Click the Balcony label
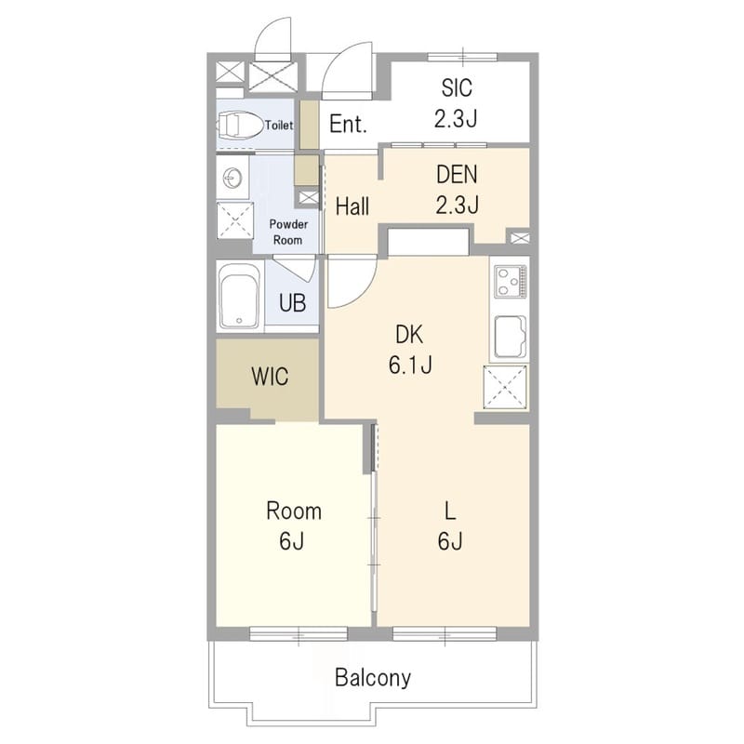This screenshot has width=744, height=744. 373,678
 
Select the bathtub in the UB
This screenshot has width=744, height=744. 239,297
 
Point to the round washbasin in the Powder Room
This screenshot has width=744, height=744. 232,179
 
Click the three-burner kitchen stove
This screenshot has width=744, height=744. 511,282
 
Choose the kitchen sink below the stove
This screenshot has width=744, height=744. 511,337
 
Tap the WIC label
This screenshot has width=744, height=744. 270,377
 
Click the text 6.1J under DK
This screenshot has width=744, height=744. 410,365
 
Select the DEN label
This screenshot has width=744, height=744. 457,175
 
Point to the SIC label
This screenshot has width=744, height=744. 457,87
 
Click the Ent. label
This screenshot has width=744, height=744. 348,125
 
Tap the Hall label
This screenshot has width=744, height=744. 352,206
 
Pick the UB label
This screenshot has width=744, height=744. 292,303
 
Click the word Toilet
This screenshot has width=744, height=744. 279,126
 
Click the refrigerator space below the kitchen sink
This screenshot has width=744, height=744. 505,387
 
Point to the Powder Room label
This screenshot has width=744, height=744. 288,232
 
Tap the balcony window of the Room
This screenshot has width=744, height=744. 299,634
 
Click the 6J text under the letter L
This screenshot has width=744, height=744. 450,541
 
